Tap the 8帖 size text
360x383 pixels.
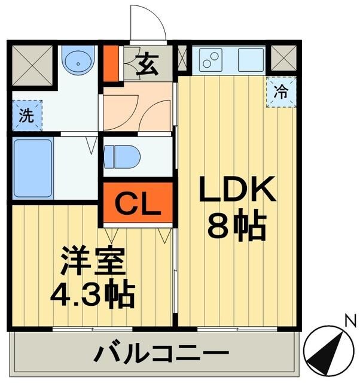(x=237, y=226)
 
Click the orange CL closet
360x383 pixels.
(x=138, y=204)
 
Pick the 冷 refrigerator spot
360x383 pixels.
(x=280, y=92)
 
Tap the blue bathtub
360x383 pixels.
(x=33, y=168)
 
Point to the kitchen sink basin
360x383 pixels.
(x=251, y=60)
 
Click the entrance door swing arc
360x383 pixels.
(x=148, y=23)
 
